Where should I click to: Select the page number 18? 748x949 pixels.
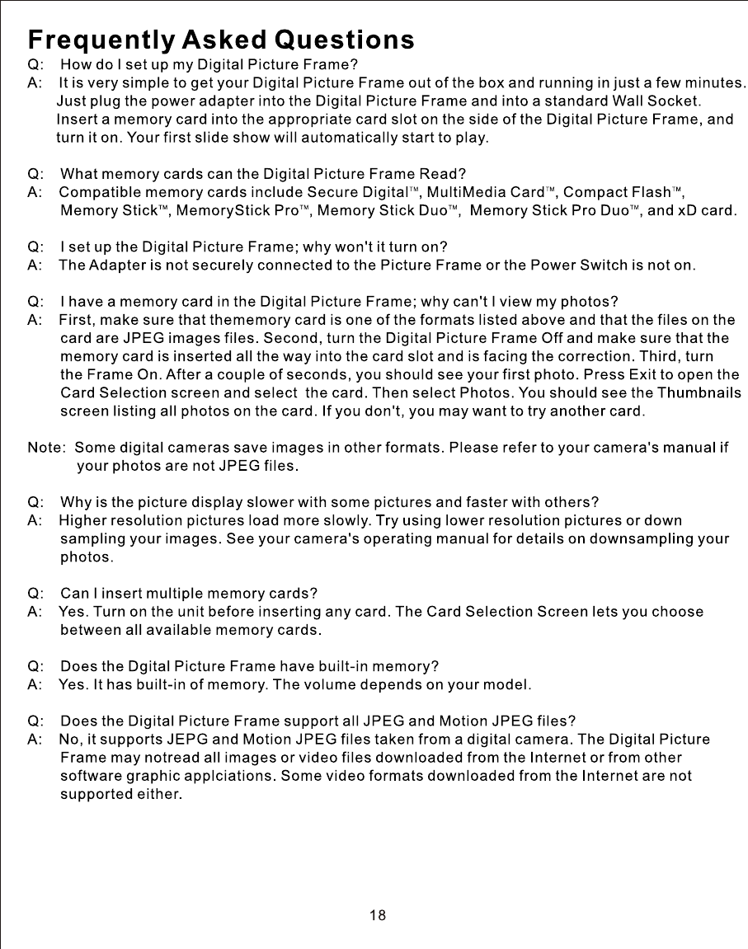[x=378, y=915]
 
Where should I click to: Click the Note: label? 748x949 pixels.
[x=47, y=449]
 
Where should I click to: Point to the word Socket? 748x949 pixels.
[x=675, y=101]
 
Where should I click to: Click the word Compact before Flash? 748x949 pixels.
[x=594, y=193]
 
